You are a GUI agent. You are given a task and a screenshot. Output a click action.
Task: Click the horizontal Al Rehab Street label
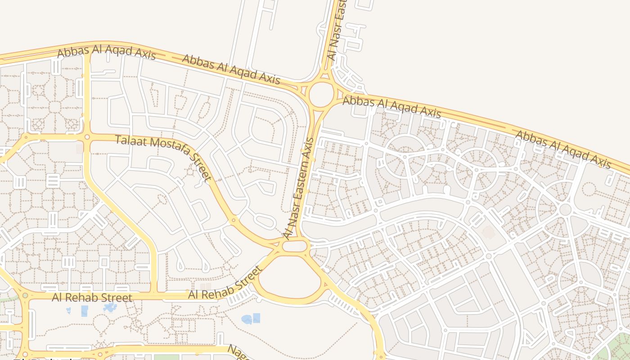(92, 297)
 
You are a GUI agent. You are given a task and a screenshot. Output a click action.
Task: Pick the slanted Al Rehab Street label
(225, 283)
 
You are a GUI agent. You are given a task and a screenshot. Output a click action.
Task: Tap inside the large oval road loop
(288, 275)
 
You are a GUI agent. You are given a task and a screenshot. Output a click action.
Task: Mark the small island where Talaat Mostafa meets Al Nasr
(295, 246)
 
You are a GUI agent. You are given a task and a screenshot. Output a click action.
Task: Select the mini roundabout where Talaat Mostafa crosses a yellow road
(87, 137)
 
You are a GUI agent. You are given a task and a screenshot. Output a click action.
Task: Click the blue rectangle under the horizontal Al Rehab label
(84, 311)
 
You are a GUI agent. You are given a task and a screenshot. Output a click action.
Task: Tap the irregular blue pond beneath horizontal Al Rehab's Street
(109, 308)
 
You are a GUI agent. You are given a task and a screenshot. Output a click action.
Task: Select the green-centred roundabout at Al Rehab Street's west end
(25, 296)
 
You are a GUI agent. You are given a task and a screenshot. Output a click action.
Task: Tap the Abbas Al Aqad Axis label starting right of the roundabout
(391, 106)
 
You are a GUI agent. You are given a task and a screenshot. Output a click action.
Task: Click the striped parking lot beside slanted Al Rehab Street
(241, 295)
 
